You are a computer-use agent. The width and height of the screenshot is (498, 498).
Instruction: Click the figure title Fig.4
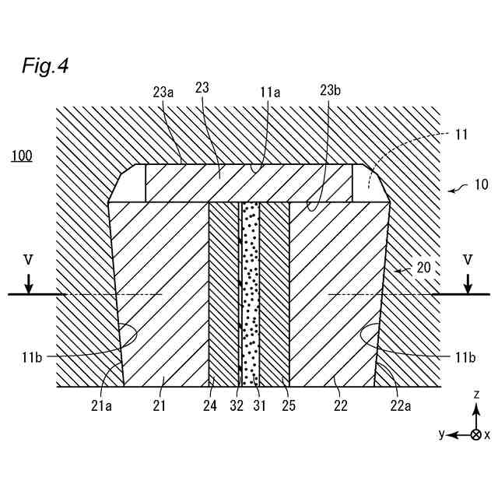45,67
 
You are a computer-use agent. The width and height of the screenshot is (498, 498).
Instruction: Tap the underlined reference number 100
21,156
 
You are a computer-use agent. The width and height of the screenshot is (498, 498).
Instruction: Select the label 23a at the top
163,91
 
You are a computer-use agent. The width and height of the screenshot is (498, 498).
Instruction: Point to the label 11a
270,91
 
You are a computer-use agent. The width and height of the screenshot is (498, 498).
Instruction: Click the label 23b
330,91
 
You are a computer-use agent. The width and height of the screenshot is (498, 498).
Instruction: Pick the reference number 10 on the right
482,185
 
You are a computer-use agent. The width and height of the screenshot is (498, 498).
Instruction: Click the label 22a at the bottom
401,405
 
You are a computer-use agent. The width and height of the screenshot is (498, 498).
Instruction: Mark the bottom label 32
237,405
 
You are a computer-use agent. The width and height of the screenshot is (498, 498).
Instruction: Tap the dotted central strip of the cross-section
250,296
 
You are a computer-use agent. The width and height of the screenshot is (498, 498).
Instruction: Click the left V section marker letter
29,258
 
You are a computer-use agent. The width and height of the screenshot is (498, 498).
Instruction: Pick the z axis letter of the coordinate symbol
476,396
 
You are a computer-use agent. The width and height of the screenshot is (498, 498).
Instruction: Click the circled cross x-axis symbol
476,434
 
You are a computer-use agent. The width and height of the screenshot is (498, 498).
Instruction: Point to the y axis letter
442,434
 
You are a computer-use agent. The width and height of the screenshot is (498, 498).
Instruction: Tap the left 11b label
32,356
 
